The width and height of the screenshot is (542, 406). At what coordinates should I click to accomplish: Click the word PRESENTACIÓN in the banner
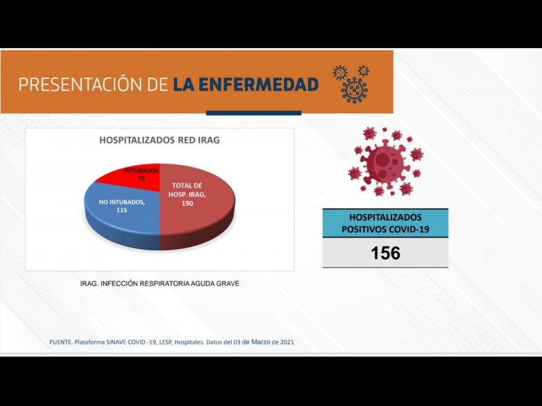coord(81,85)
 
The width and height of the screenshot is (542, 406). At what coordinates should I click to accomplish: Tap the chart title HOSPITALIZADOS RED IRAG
coord(159,140)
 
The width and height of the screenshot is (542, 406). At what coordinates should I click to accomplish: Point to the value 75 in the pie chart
coord(141,179)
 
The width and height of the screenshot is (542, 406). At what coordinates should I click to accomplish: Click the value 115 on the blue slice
coord(122,210)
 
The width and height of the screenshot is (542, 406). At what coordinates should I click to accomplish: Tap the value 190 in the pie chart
coord(187,204)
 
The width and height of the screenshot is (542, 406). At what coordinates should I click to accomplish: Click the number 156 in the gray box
coord(385,253)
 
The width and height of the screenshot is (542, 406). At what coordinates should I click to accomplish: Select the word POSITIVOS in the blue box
coord(364,229)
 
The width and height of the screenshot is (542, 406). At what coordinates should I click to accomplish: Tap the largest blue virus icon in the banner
coord(354,91)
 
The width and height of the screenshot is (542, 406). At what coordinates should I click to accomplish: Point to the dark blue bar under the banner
coord(253,113)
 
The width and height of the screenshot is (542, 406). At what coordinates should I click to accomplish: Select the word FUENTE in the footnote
coord(61,342)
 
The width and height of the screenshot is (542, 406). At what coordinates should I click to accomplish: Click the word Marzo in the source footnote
coord(261,342)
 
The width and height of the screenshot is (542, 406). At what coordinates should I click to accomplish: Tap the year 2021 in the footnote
coord(287,342)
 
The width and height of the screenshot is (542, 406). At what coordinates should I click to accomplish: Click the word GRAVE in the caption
coord(228,284)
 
